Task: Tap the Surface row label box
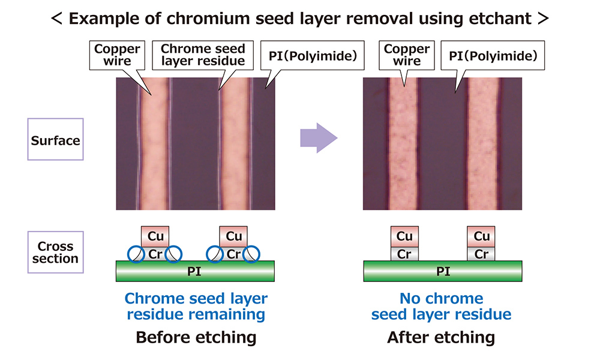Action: (x=55, y=141)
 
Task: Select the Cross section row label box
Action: (x=55, y=253)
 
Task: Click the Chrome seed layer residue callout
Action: (x=203, y=55)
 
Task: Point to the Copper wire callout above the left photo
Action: (x=118, y=55)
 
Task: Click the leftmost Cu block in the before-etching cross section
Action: (x=155, y=236)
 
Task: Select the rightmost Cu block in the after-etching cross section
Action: (x=482, y=236)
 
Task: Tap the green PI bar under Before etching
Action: (x=195, y=272)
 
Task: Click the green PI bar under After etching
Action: (x=443, y=272)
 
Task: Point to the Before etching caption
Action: (x=196, y=337)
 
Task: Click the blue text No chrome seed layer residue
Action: (x=441, y=306)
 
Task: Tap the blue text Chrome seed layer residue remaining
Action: (x=196, y=306)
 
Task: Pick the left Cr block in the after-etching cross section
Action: (x=404, y=254)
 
